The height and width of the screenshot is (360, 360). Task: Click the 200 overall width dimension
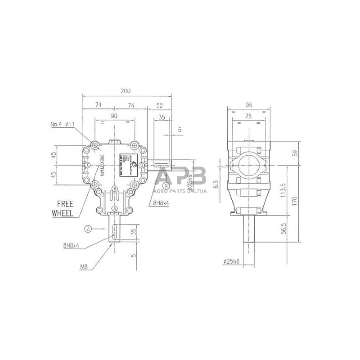click(126, 91)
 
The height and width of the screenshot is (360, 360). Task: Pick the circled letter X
click(166, 185)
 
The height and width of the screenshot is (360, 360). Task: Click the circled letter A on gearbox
click(115, 209)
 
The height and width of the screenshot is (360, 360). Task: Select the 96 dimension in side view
click(248, 105)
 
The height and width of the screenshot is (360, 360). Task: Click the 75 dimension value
click(248, 116)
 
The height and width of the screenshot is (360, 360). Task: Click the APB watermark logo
click(180, 175)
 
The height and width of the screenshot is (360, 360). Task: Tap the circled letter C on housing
click(88, 166)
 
